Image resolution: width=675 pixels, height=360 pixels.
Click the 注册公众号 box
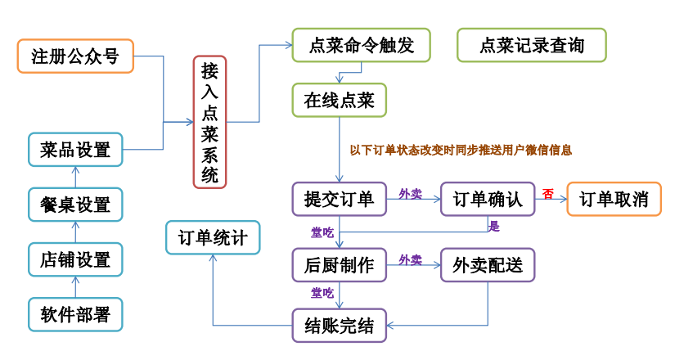pos(75,56)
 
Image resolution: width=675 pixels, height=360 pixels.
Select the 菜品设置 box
pos(75,150)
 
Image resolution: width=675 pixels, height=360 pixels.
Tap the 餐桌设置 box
pos(75,202)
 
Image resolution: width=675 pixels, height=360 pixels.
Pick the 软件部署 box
pos(75,314)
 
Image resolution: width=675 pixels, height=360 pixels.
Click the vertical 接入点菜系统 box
pos(210,122)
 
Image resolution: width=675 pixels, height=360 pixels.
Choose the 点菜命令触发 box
pos(362,46)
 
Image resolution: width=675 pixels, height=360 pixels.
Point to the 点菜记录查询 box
pos(532,46)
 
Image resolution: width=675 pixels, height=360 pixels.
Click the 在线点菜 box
pos(339,101)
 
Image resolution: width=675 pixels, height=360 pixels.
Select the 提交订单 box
pos(339,199)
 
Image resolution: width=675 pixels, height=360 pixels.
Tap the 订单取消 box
pos(614,199)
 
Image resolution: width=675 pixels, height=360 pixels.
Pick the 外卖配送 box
pos(488,265)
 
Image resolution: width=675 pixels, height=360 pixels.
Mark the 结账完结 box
pos(339,326)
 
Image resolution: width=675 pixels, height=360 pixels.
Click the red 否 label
pos(547,194)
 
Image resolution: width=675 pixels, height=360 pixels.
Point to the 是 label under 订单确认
pos(493,225)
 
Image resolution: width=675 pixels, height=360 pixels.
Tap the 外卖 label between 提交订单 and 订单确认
pos(410,193)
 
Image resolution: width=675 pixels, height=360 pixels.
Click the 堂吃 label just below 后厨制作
pos(322,292)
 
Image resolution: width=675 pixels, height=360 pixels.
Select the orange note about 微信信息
pos(461,150)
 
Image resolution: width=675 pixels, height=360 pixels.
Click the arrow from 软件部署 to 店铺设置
pos(75,287)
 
